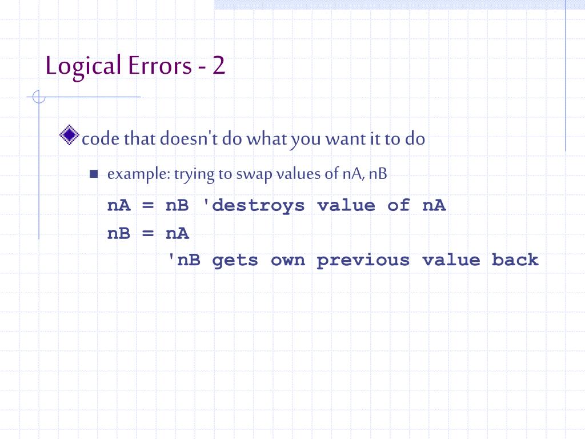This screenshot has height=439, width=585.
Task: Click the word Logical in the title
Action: tap(83, 66)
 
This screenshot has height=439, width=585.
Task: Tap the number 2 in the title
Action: tap(219, 66)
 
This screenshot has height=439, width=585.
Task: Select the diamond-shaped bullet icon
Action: tap(69, 135)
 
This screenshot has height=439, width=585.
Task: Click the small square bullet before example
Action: tap(94, 174)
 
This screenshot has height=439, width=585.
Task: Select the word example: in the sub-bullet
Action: tap(138, 174)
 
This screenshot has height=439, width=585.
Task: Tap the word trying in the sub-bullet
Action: tap(194, 174)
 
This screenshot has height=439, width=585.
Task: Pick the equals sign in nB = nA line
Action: tap(149, 233)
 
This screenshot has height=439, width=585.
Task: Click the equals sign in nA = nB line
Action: tap(149, 205)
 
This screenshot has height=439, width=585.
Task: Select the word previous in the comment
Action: tap(363, 260)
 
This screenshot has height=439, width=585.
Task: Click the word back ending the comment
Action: tap(515, 260)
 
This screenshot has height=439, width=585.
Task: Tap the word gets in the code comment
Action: tap(235, 260)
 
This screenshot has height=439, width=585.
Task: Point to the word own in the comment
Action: tap(287, 260)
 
